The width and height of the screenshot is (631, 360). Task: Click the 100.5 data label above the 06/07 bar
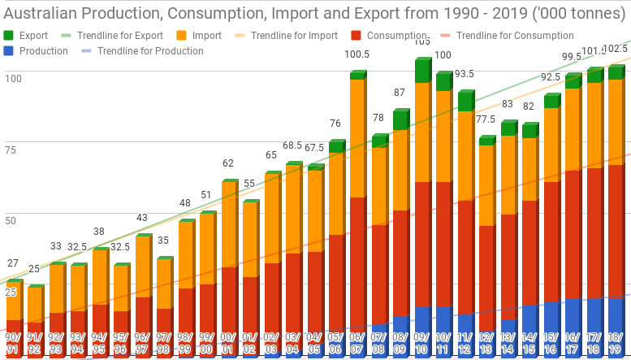pos(357,54)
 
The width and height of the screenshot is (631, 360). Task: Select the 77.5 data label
pos(486,119)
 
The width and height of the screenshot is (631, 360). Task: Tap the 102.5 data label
pos(616,49)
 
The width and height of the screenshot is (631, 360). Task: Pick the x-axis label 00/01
pos(228,343)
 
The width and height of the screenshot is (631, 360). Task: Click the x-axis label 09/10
pos(421,343)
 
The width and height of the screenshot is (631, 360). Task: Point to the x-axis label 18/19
pos(616,343)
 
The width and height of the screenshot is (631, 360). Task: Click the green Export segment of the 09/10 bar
pos(421,72)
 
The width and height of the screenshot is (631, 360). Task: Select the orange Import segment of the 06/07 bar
pos(357,138)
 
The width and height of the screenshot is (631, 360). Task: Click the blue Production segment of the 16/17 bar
pos(572,325)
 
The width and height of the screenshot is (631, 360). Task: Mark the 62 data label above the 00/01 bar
pos(228,163)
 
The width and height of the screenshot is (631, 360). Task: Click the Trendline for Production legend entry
pos(149,51)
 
